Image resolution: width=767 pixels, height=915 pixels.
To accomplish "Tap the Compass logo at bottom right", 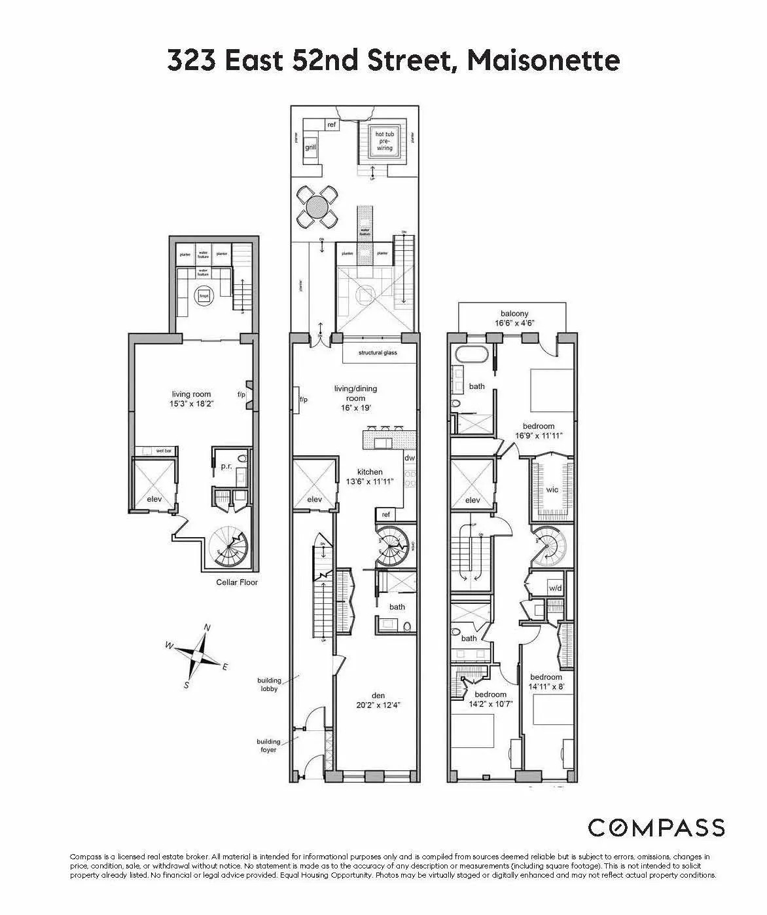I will pyautogui.click(x=656, y=827).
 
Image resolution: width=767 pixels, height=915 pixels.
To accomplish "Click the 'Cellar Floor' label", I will pyautogui.click(x=237, y=582).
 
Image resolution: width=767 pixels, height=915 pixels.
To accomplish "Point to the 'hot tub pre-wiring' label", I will pyautogui.click(x=383, y=141).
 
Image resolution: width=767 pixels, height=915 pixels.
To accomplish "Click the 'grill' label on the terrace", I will pyautogui.click(x=311, y=147).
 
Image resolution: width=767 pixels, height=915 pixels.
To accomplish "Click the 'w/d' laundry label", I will pyautogui.click(x=555, y=588).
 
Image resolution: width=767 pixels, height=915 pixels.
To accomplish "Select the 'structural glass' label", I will pyautogui.click(x=378, y=353).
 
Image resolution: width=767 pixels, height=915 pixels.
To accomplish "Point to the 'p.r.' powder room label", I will pyautogui.click(x=226, y=467).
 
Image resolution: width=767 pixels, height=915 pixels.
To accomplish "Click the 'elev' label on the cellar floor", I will pyautogui.click(x=154, y=498).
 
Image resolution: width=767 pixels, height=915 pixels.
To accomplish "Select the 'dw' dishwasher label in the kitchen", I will pyautogui.click(x=410, y=458).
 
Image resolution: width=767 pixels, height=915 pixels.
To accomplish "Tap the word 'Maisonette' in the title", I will pyautogui.click(x=544, y=61).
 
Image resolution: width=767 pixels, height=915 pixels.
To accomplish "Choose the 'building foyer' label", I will pyautogui.click(x=268, y=745).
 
